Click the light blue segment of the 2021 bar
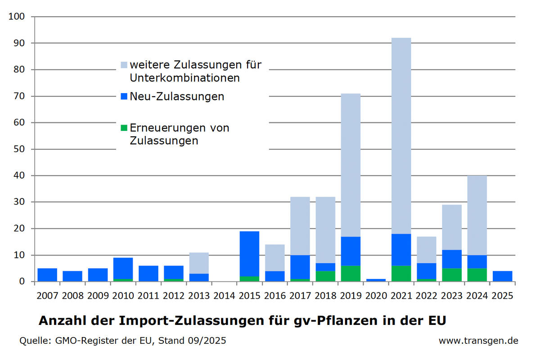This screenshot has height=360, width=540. [x=401, y=135]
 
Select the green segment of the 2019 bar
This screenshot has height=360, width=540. [x=351, y=274]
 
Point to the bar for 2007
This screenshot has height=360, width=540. [x=47, y=275]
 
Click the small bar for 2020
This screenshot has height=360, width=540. [x=376, y=280]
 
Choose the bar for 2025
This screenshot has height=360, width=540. [x=502, y=276]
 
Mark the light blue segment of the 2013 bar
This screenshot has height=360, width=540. [x=199, y=263]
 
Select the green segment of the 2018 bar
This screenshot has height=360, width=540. [x=325, y=276]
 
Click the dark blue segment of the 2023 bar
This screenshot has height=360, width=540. [x=452, y=259]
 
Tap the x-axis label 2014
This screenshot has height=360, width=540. [x=224, y=296]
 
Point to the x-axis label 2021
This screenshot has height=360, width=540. [x=401, y=296]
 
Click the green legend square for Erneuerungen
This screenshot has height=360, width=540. [x=124, y=128]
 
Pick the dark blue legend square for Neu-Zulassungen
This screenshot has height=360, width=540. [x=124, y=96]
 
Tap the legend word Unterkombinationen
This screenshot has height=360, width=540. [x=184, y=78]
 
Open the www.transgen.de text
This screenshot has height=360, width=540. [x=478, y=341]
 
